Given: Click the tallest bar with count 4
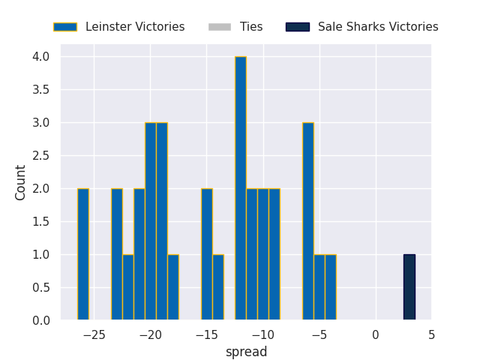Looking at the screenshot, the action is tap(241, 188).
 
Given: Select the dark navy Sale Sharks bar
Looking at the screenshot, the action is tap(409, 287).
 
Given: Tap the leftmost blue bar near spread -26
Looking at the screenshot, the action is tap(83, 254).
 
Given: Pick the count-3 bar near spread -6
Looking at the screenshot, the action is tap(308, 221).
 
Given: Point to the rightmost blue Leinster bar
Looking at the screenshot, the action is tap(331, 287).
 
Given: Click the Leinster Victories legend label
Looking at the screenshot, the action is tap(135, 27).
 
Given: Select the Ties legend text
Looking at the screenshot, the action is tap(251, 27).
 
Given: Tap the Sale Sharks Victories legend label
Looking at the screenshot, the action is tap(378, 27).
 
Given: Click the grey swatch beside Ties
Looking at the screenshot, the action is tap(220, 27).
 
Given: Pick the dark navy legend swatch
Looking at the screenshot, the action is tap(298, 27).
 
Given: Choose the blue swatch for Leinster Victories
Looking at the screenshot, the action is tap(65, 27).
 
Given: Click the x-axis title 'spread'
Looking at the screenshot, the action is tap(246, 352).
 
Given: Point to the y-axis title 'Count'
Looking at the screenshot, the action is tap(20, 183).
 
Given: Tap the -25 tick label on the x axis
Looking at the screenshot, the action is tap(94, 335).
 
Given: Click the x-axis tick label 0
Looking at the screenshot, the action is tap(376, 335).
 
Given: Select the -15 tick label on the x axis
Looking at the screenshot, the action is tap(207, 335).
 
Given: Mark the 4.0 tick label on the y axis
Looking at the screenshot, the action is tap(41, 57).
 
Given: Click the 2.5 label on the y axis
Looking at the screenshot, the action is tap(41, 155).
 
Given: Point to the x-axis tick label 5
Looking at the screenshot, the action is tap(432, 335).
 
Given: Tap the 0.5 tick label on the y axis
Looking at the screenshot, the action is tap(41, 287).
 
